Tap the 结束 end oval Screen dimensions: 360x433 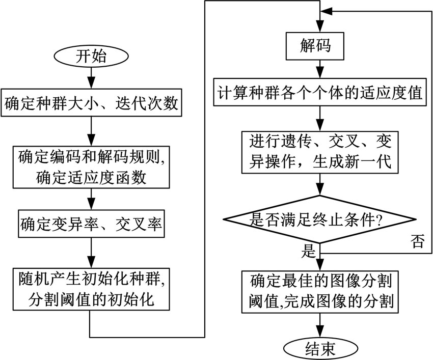318,349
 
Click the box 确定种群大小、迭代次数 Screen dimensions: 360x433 92,104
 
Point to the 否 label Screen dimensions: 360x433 417,243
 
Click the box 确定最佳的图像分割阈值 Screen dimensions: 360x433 319,289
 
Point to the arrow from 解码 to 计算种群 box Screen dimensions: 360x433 319,70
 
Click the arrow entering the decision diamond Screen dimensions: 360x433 319,184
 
